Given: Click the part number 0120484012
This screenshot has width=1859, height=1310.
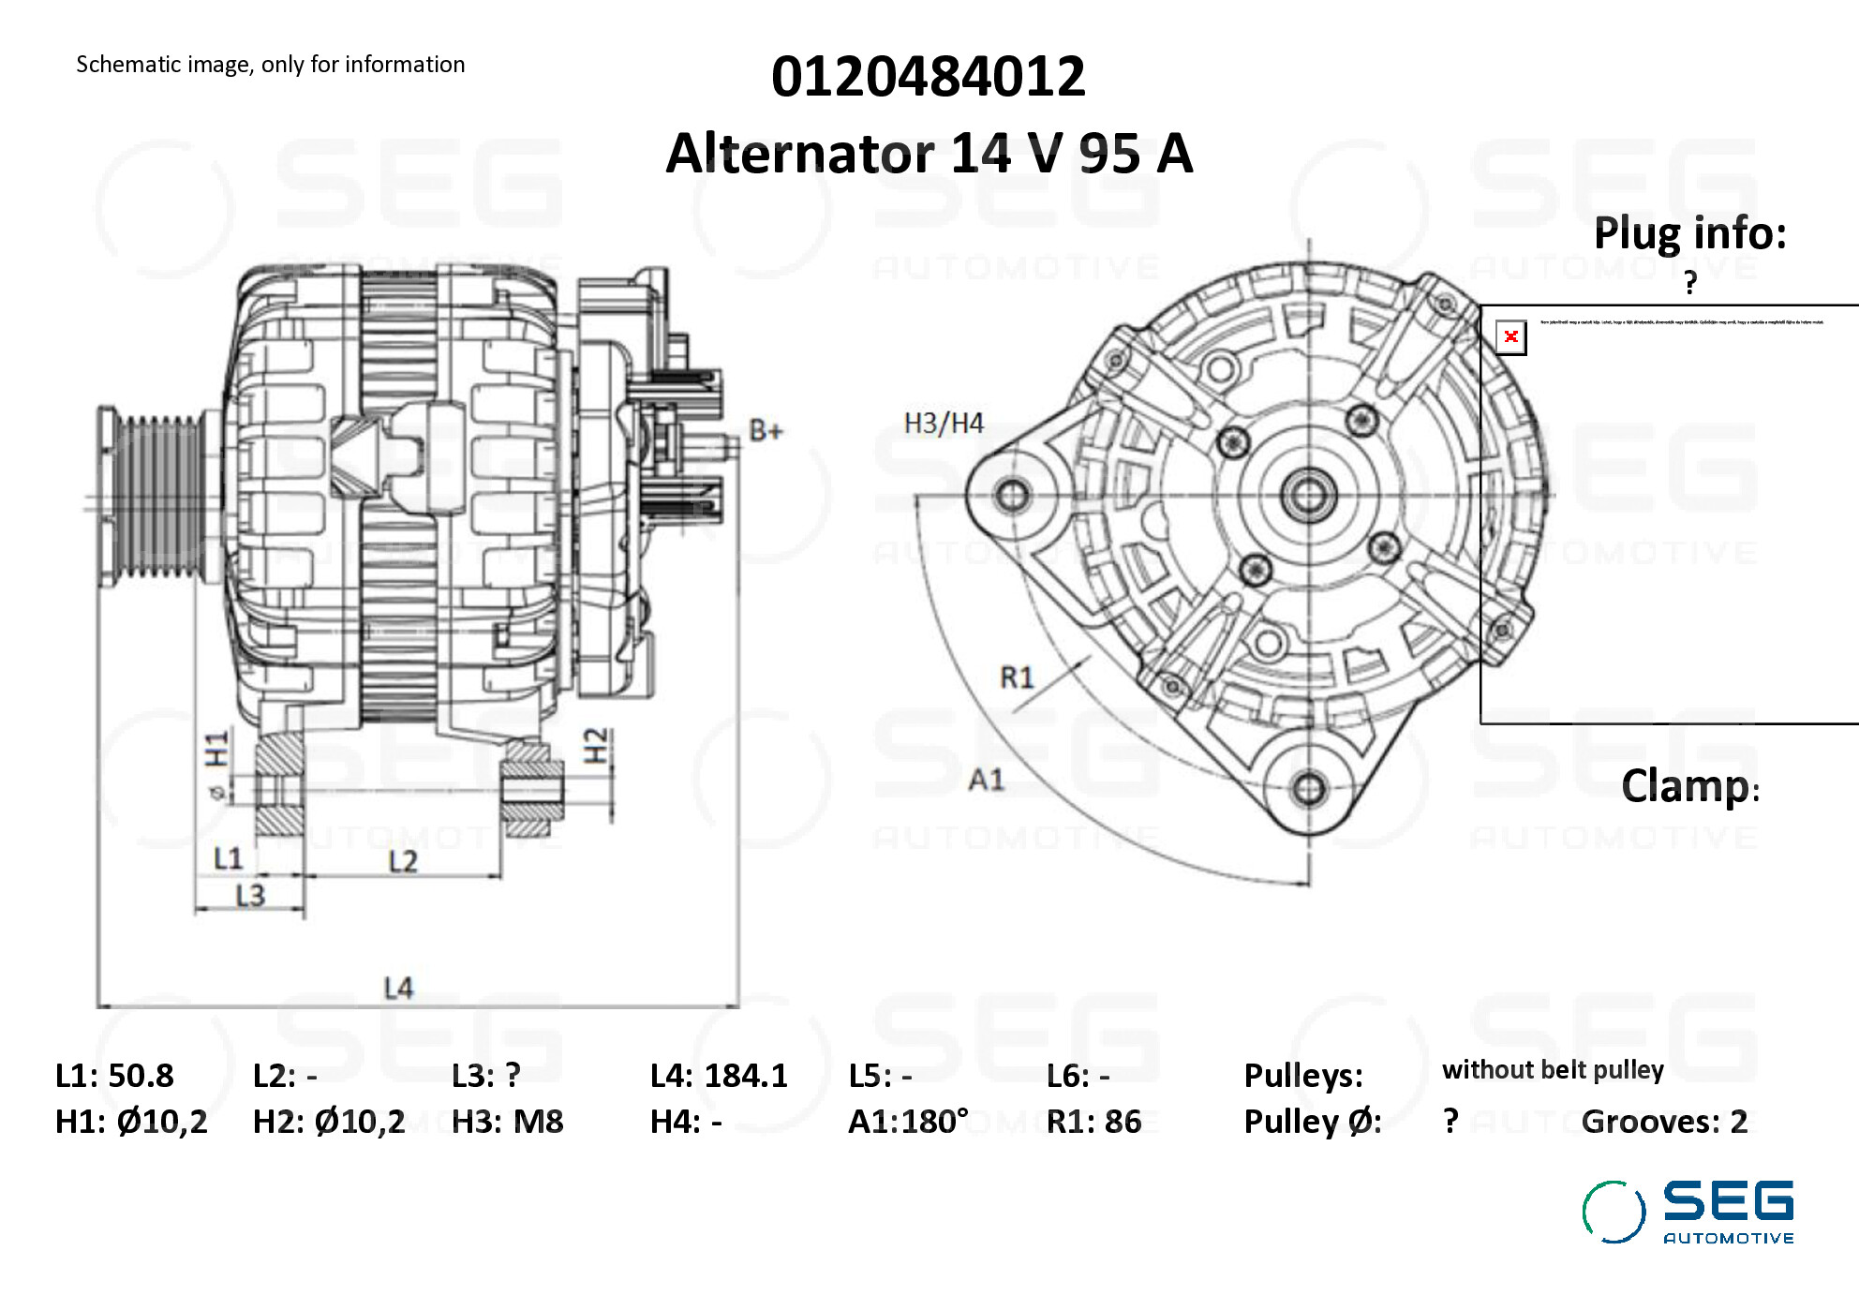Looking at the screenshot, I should click(x=928, y=77).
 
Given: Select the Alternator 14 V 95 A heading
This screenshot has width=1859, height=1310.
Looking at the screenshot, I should click(x=929, y=154).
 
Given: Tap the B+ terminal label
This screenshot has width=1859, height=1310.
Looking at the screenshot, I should click(x=766, y=431).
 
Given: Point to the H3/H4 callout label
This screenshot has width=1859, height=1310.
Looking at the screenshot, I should click(x=944, y=424).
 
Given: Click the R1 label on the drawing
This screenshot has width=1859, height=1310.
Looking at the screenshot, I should click(x=1017, y=677).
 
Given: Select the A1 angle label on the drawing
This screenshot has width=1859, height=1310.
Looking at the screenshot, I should click(x=986, y=780).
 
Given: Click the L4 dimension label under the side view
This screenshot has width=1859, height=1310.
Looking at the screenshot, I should click(x=398, y=988).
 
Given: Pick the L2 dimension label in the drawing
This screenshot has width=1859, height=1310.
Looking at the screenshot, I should click(x=403, y=861).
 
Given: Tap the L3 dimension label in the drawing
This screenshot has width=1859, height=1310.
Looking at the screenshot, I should click(x=250, y=896).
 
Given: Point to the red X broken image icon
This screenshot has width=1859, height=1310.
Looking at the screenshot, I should click(x=1510, y=337).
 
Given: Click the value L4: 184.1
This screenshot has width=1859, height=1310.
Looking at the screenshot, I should click(x=719, y=1076).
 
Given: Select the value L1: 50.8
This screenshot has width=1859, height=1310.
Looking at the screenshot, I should click(x=114, y=1076).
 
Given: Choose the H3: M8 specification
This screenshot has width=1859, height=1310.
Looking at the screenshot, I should click(x=507, y=1122).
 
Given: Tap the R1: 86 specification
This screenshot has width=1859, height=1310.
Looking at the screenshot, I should click(x=1093, y=1122).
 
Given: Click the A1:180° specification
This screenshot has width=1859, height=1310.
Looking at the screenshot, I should click(x=908, y=1122).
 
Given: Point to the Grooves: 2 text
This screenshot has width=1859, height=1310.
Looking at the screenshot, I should click(x=1664, y=1122).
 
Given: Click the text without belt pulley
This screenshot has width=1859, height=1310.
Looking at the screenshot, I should click(x=1553, y=1070).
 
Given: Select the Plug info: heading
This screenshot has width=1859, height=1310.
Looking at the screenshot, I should click(x=1690, y=233).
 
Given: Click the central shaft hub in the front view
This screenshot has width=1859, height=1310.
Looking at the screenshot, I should click(x=1308, y=494).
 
